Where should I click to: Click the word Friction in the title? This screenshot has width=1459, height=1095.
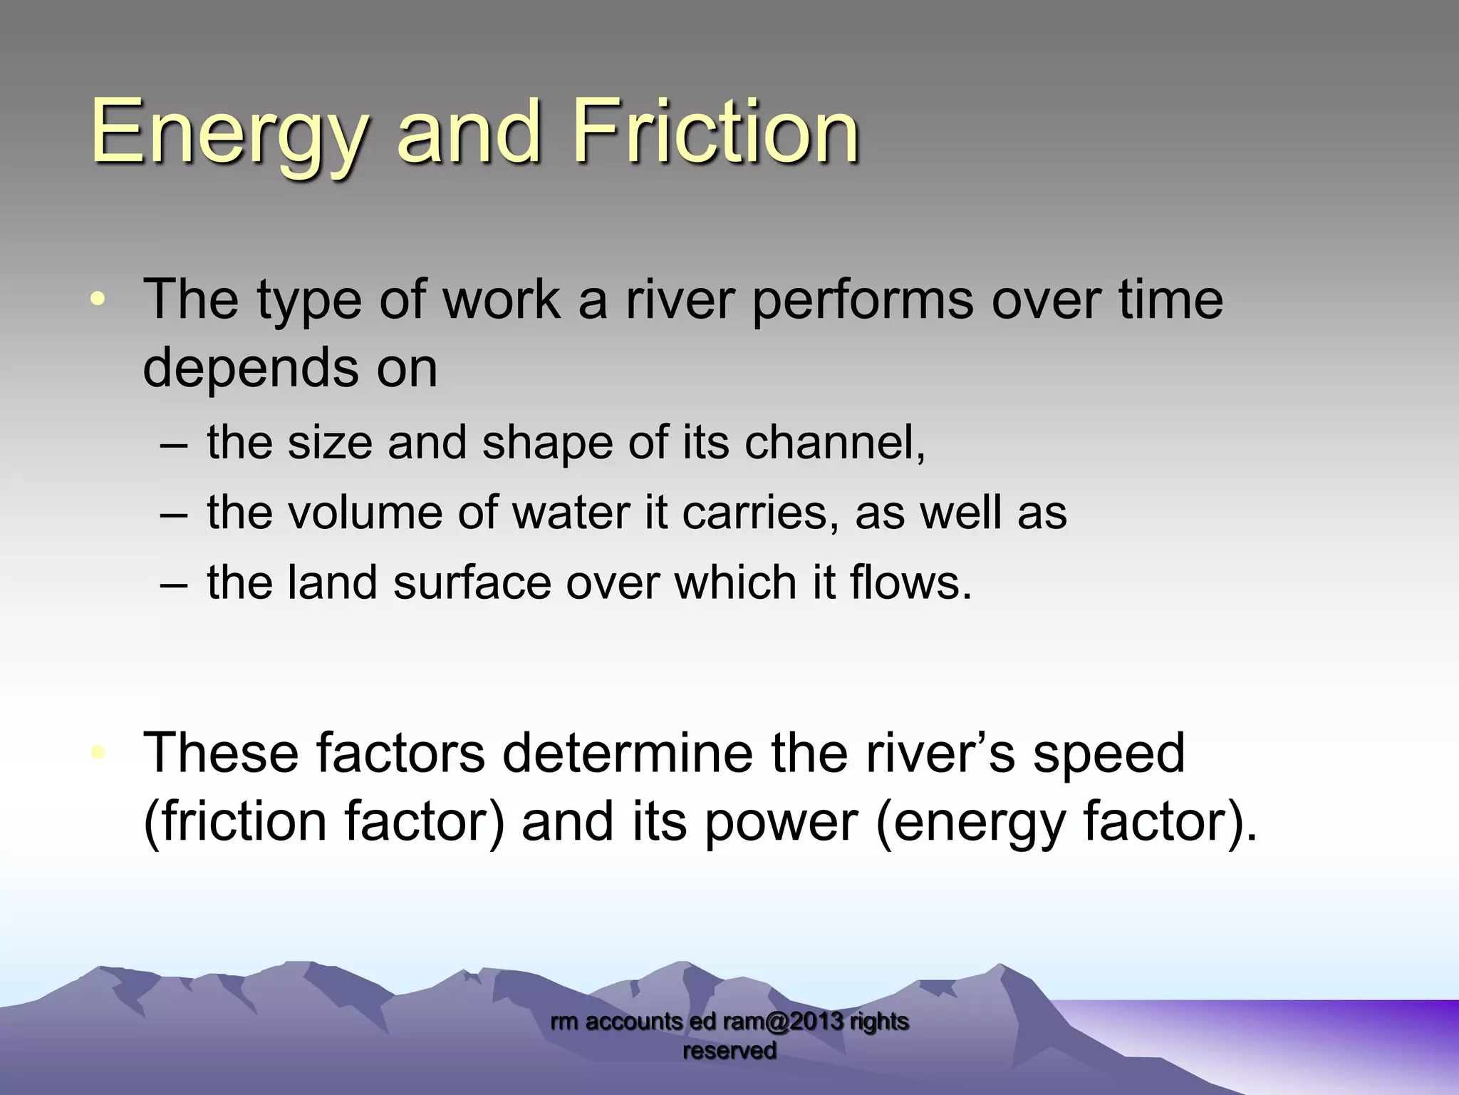[715, 133]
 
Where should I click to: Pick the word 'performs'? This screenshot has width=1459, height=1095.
[863, 301]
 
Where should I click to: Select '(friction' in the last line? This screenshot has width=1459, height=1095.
[235, 822]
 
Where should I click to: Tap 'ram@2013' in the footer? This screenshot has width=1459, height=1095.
[783, 1022]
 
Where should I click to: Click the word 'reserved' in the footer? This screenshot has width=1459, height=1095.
[729, 1050]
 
